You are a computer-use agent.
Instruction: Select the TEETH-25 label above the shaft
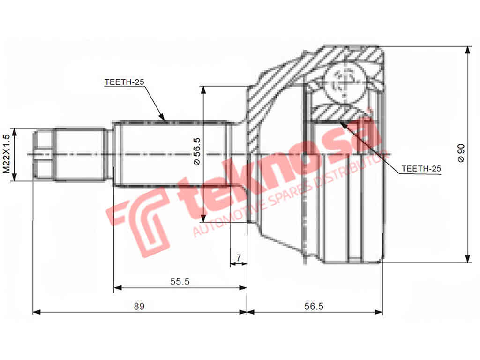pos(124,82)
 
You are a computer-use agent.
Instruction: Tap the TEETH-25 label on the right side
pos(421,169)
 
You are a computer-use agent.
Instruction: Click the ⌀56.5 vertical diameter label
pos(197,151)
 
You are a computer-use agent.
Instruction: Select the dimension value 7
pos(239,257)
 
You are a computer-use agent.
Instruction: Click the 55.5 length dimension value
pos(180,281)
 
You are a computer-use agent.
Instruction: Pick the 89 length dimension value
pos(139,306)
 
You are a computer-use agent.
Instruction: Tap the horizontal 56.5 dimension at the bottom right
pos(314,306)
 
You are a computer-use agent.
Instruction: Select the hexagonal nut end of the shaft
pos(44,154)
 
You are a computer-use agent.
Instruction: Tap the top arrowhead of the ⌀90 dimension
pos(467,50)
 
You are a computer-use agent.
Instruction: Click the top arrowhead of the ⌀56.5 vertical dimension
pos(203,90)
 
